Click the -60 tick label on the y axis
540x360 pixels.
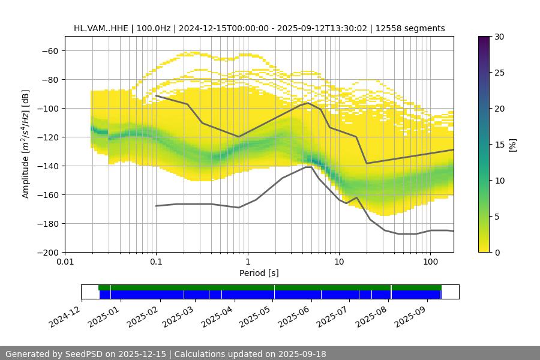click(49, 50)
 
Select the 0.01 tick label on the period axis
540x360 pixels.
click(65, 262)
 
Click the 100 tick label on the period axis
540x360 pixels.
click(430, 262)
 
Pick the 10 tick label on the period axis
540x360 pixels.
click(339, 262)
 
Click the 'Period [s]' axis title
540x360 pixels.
click(259, 273)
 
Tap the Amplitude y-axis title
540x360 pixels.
click(25, 144)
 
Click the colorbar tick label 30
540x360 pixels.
click(499, 37)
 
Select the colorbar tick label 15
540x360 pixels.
click(499, 145)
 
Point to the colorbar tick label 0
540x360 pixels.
click(496, 252)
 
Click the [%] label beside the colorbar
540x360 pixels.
click(512, 144)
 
